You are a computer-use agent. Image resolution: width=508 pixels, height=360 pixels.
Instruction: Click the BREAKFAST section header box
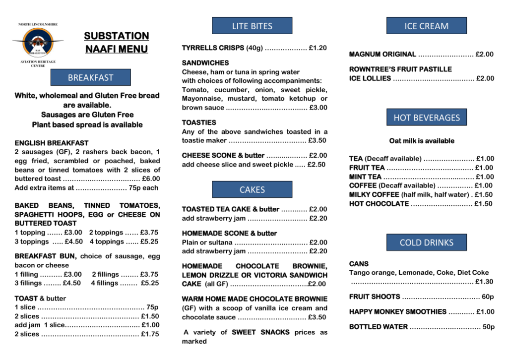point(91,77)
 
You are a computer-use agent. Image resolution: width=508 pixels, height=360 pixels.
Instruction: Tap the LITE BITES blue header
point(252,26)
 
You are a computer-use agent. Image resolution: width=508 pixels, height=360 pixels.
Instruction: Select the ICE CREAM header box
point(427,26)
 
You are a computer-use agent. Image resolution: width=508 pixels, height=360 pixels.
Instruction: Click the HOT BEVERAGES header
point(427,118)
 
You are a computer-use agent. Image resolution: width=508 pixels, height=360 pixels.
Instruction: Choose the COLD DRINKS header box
point(427,242)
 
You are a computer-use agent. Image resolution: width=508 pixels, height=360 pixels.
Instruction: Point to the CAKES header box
point(252,189)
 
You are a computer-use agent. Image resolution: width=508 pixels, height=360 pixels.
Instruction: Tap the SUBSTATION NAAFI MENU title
point(117,42)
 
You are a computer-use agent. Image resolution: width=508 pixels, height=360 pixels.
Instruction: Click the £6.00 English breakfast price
point(151,179)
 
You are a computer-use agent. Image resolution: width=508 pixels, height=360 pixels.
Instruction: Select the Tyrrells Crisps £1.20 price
point(317,48)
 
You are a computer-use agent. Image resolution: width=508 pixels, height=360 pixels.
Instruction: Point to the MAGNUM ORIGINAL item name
point(382,54)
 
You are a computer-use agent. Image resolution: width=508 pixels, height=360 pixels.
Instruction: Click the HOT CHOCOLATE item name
point(379,203)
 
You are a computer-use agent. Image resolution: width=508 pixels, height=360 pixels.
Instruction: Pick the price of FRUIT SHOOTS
point(488,297)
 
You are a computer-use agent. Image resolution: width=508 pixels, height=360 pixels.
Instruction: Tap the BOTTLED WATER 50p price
point(488,327)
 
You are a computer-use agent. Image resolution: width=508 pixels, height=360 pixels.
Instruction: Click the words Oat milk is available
point(422,141)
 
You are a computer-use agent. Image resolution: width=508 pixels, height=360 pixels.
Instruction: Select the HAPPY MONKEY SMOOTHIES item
point(398,311)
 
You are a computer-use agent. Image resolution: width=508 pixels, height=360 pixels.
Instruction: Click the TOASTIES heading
point(199,122)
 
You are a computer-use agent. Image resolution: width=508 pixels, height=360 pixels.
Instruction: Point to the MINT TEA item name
point(365,177)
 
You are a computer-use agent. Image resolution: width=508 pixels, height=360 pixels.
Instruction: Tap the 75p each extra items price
point(143,188)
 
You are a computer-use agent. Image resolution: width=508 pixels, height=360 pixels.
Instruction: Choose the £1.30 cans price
point(484,282)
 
